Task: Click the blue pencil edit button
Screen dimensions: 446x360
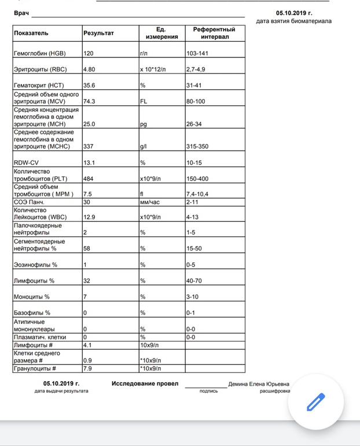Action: [x=315, y=401]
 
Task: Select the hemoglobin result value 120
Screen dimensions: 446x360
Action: [x=89, y=53]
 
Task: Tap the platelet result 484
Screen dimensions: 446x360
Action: [x=89, y=178]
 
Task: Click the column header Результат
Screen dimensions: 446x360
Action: [x=98, y=33]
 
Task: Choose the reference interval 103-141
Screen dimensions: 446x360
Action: [x=197, y=53]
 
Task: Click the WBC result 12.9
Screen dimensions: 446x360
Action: [x=90, y=217]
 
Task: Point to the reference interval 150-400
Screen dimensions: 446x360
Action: [x=197, y=178]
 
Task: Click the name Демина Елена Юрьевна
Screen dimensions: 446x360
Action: [x=259, y=383]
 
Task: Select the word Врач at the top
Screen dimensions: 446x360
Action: [x=21, y=12]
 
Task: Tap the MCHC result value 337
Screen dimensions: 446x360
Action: [x=89, y=147]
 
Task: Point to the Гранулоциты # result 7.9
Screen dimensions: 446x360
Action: [x=88, y=368]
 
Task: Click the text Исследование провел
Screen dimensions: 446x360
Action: [x=141, y=383]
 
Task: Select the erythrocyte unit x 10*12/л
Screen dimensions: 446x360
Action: [x=153, y=69]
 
